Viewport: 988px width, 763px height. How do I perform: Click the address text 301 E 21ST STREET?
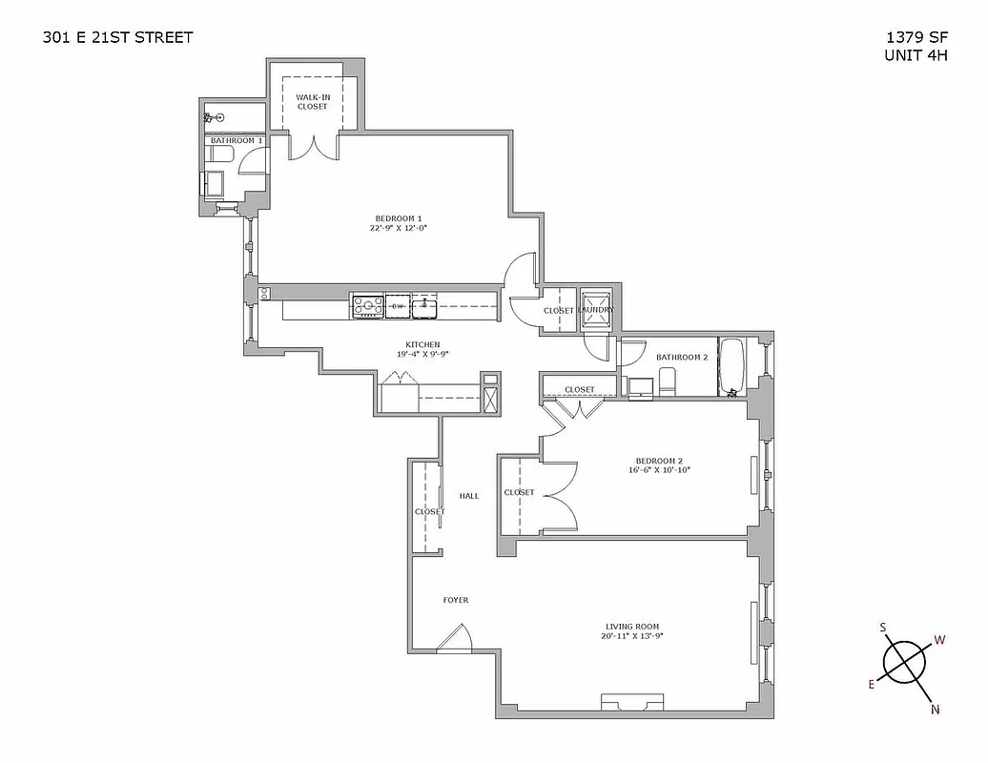pyautogui.click(x=118, y=37)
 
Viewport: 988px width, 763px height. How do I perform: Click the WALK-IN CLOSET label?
pyautogui.click(x=312, y=102)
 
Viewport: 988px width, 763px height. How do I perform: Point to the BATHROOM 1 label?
pyautogui.click(x=236, y=141)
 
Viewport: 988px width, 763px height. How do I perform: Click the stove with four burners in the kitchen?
pyautogui.click(x=367, y=306)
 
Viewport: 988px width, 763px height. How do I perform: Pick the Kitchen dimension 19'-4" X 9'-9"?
pyautogui.click(x=422, y=354)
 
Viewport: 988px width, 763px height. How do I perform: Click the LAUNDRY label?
pyautogui.click(x=597, y=311)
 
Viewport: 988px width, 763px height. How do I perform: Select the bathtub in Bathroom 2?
pyautogui.click(x=733, y=366)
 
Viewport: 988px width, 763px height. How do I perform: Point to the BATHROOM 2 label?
pyautogui.click(x=682, y=358)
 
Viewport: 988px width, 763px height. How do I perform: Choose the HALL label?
pyautogui.click(x=469, y=496)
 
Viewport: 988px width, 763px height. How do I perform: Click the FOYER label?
pyautogui.click(x=456, y=600)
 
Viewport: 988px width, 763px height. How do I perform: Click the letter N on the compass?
pyautogui.click(x=934, y=708)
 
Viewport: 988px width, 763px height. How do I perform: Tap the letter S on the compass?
pyautogui.click(x=883, y=627)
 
